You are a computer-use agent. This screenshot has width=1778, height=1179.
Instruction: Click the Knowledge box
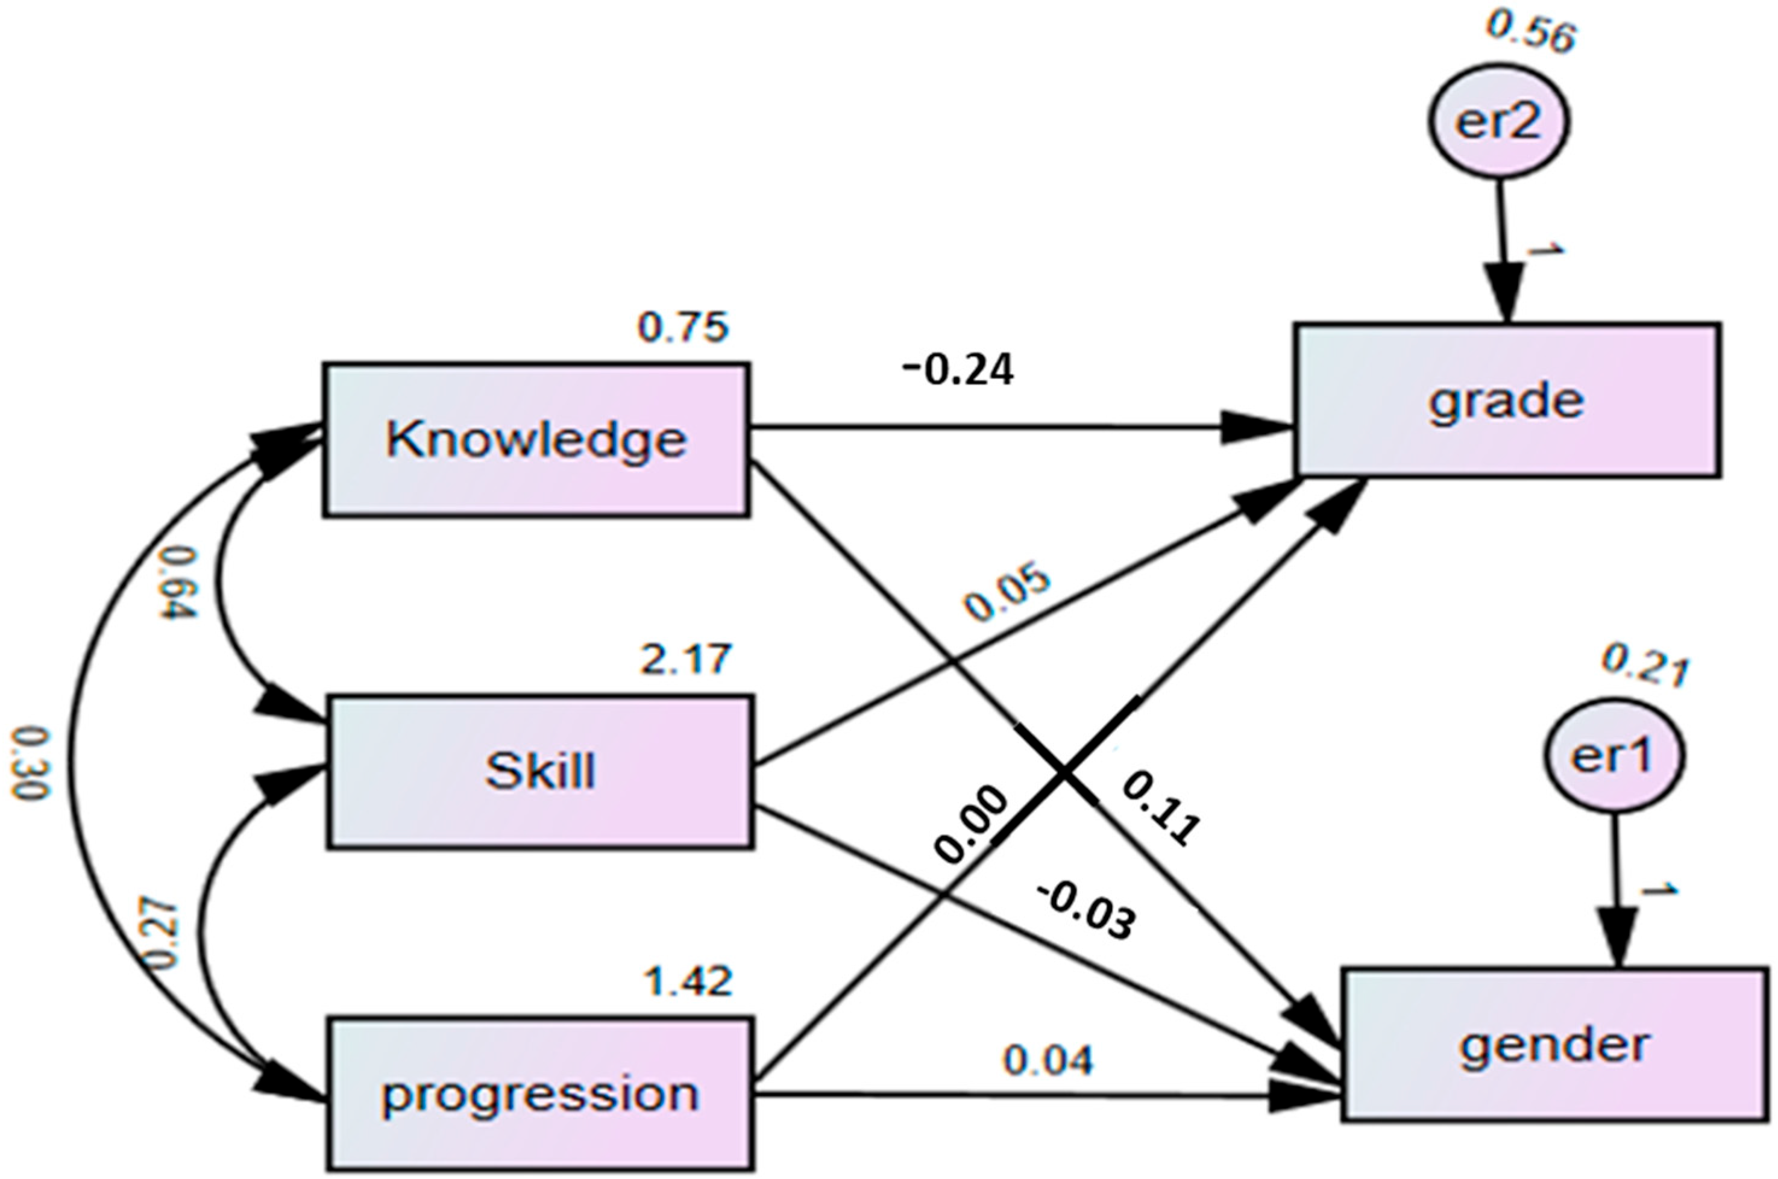pos(536,440)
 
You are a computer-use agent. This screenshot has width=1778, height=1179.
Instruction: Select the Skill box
pos(539,772)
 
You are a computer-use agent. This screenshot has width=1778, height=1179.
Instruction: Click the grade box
pos(1507,400)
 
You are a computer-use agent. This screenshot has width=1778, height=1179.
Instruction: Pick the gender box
pos(1554,1046)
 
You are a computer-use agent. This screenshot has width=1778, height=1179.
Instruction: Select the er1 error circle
pos(1614,755)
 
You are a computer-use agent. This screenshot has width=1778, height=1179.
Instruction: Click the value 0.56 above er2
pos(1530,34)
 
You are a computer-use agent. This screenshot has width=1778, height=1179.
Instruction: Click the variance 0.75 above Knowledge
pos(683,327)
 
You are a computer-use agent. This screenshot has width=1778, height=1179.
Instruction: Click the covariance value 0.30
pos(30,763)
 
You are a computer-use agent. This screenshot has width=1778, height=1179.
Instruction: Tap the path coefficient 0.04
pos(1047,1060)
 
